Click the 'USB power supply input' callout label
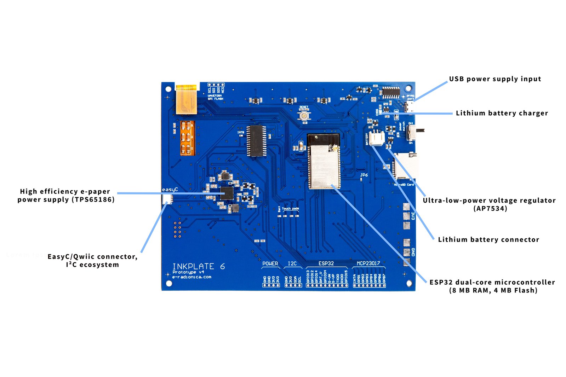[495, 79]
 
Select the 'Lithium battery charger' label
[502, 113]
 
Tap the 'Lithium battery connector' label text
[488, 239]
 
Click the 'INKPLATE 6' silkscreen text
[198, 266]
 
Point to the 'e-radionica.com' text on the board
[191, 277]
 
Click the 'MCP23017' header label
[368, 263]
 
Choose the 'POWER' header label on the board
[270, 263]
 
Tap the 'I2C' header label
[292, 263]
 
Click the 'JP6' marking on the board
[364, 175]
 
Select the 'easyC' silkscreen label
[170, 190]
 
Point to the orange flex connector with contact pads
[187, 138]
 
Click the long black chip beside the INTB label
[257, 140]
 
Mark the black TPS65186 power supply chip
[227, 193]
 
